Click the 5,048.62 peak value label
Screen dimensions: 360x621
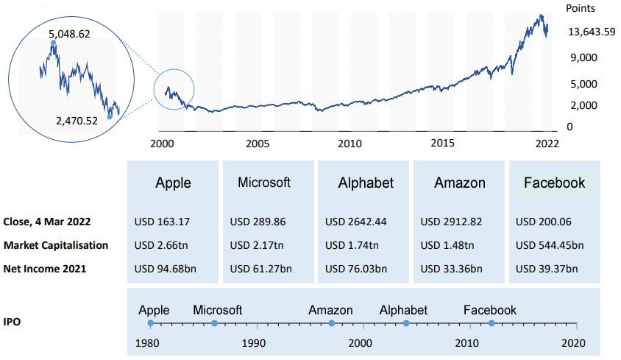pyautogui.click(x=70, y=34)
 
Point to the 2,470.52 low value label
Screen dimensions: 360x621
pyautogui.click(x=77, y=120)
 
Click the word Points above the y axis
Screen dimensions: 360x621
pyautogui.click(x=581, y=9)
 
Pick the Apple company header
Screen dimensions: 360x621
pyautogui.click(x=174, y=183)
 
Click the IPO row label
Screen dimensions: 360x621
pyautogui.click(x=13, y=322)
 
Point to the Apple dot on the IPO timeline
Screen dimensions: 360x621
pyautogui.click(x=151, y=323)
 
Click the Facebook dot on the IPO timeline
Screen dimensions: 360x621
pyautogui.click(x=492, y=323)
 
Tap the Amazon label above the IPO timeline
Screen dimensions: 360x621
pyautogui.click(x=330, y=310)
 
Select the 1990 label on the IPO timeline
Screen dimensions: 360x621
pyautogui.click(x=254, y=342)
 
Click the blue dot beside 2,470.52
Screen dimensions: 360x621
pyautogui.click(x=110, y=116)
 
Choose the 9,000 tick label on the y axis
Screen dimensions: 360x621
pyautogui.click(x=581, y=57)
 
